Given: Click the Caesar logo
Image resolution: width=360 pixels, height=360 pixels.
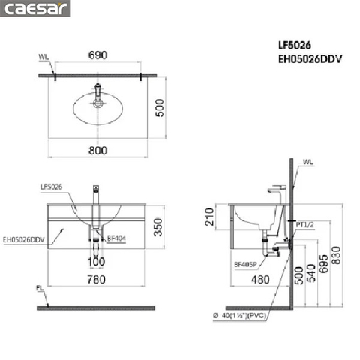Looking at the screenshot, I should click(x=35, y=9).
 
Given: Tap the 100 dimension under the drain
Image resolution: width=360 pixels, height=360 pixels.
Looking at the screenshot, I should click(x=97, y=262).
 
